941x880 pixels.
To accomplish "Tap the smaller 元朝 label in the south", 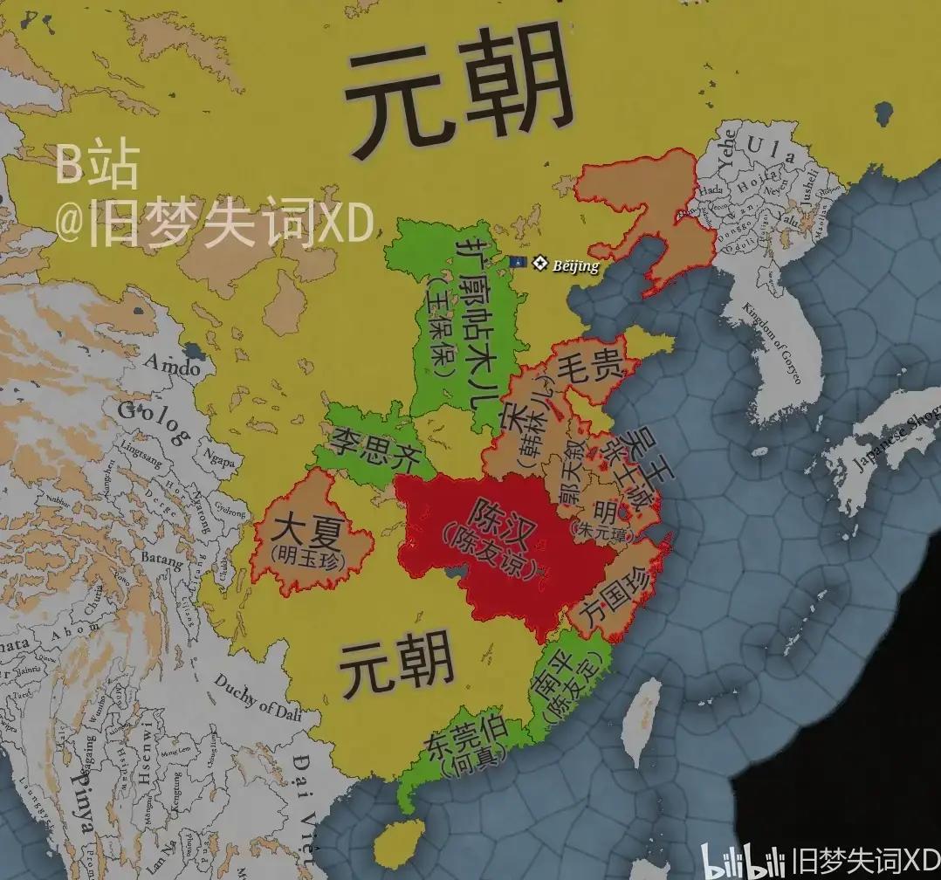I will click(397, 665).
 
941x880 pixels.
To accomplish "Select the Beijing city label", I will click(576, 265).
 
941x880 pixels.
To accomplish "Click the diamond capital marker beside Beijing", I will click(540, 261).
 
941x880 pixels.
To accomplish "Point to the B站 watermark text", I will click(96, 166).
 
